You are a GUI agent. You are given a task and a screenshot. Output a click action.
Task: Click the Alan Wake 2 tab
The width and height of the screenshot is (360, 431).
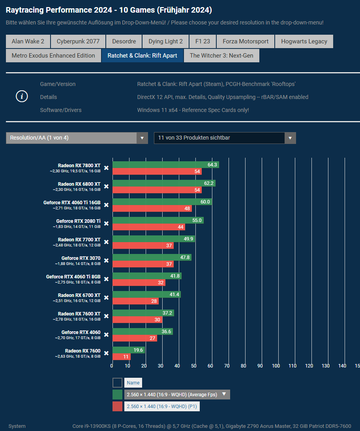(28, 41)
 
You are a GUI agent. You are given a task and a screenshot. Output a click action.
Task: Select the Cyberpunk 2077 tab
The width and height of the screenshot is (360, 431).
(78, 41)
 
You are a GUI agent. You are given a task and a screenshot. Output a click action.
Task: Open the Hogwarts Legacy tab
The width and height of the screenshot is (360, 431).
(304, 41)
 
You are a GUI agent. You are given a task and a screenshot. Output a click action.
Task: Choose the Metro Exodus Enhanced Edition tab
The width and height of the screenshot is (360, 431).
(53, 56)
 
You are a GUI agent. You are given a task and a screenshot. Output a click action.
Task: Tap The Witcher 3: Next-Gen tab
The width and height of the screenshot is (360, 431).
(221, 56)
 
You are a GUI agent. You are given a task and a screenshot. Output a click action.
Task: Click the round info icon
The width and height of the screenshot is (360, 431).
(22, 96)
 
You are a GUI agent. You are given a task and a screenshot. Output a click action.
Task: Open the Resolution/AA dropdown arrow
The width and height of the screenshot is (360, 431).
(142, 138)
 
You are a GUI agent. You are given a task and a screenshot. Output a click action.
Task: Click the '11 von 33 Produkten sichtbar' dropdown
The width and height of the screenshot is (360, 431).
(225, 138)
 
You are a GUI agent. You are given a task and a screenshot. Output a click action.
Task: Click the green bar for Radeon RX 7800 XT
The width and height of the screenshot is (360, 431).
(165, 165)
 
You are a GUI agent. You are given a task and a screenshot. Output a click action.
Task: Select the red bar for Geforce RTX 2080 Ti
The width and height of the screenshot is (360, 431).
(148, 227)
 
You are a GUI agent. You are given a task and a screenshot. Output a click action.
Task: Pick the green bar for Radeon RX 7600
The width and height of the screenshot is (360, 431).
(128, 350)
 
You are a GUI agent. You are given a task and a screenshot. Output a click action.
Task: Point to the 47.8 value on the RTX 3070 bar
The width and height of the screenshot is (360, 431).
(185, 257)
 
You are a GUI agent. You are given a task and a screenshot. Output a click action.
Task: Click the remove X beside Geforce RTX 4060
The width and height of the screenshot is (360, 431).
(106, 335)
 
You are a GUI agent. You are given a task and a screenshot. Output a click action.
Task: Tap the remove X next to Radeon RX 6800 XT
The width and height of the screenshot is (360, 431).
(106, 187)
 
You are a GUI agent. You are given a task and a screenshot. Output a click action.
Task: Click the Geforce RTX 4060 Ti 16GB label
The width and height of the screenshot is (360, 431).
(72, 203)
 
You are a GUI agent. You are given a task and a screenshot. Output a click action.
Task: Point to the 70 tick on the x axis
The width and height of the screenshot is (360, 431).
(227, 366)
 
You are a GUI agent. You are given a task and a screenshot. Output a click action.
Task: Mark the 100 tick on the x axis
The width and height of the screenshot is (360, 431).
(276, 366)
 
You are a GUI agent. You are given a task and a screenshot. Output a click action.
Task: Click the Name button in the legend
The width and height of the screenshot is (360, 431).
(133, 382)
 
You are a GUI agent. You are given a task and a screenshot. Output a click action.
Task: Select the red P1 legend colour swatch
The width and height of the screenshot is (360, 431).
(117, 407)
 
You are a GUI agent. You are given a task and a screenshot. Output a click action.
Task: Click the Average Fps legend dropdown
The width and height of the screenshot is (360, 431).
(177, 394)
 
